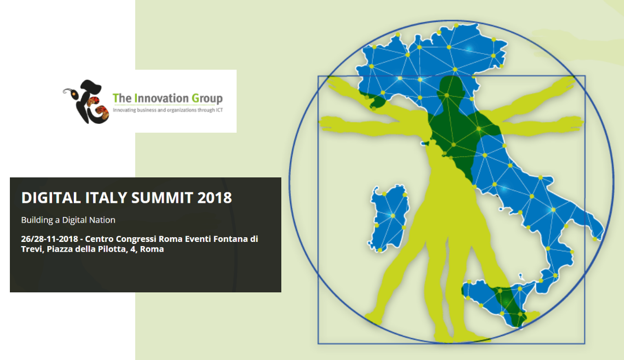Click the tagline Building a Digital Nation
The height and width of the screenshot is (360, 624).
click(68, 220)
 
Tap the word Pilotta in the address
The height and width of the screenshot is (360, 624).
click(115, 249)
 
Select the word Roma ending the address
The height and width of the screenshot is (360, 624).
click(153, 249)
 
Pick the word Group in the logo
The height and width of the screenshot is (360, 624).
click(207, 98)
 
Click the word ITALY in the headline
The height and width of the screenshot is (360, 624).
click(99, 198)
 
